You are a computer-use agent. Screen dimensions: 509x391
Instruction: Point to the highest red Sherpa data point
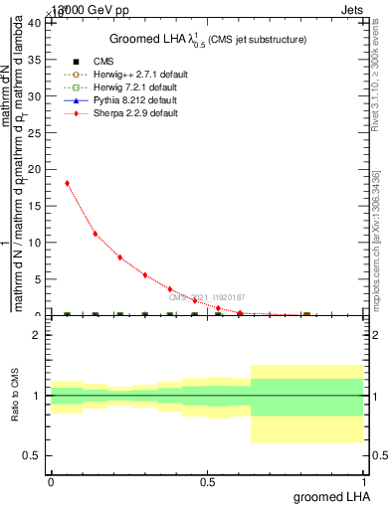click(x=67, y=183)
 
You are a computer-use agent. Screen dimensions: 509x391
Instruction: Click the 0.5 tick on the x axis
click(x=207, y=482)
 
